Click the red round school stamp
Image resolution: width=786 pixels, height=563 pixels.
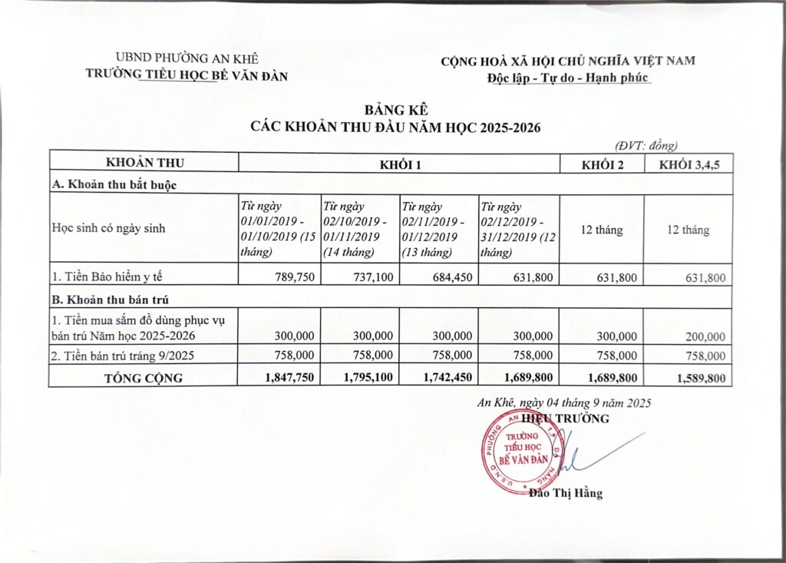click(x=519, y=452)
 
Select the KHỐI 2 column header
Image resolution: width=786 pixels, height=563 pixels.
click(x=602, y=163)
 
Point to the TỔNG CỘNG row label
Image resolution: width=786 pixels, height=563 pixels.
click(x=144, y=378)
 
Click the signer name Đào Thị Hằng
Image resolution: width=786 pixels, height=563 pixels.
click(x=566, y=493)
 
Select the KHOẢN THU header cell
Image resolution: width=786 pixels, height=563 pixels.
click(x=144, y=163)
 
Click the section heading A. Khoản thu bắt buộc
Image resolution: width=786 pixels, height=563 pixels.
click(x=114, y=184)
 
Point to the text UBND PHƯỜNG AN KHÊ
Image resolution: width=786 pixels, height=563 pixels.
click(x=187, y=58)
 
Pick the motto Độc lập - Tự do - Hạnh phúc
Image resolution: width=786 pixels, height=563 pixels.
click(x=568, y=77)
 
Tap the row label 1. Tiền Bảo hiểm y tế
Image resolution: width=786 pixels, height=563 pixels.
click(x=104, y=277)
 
